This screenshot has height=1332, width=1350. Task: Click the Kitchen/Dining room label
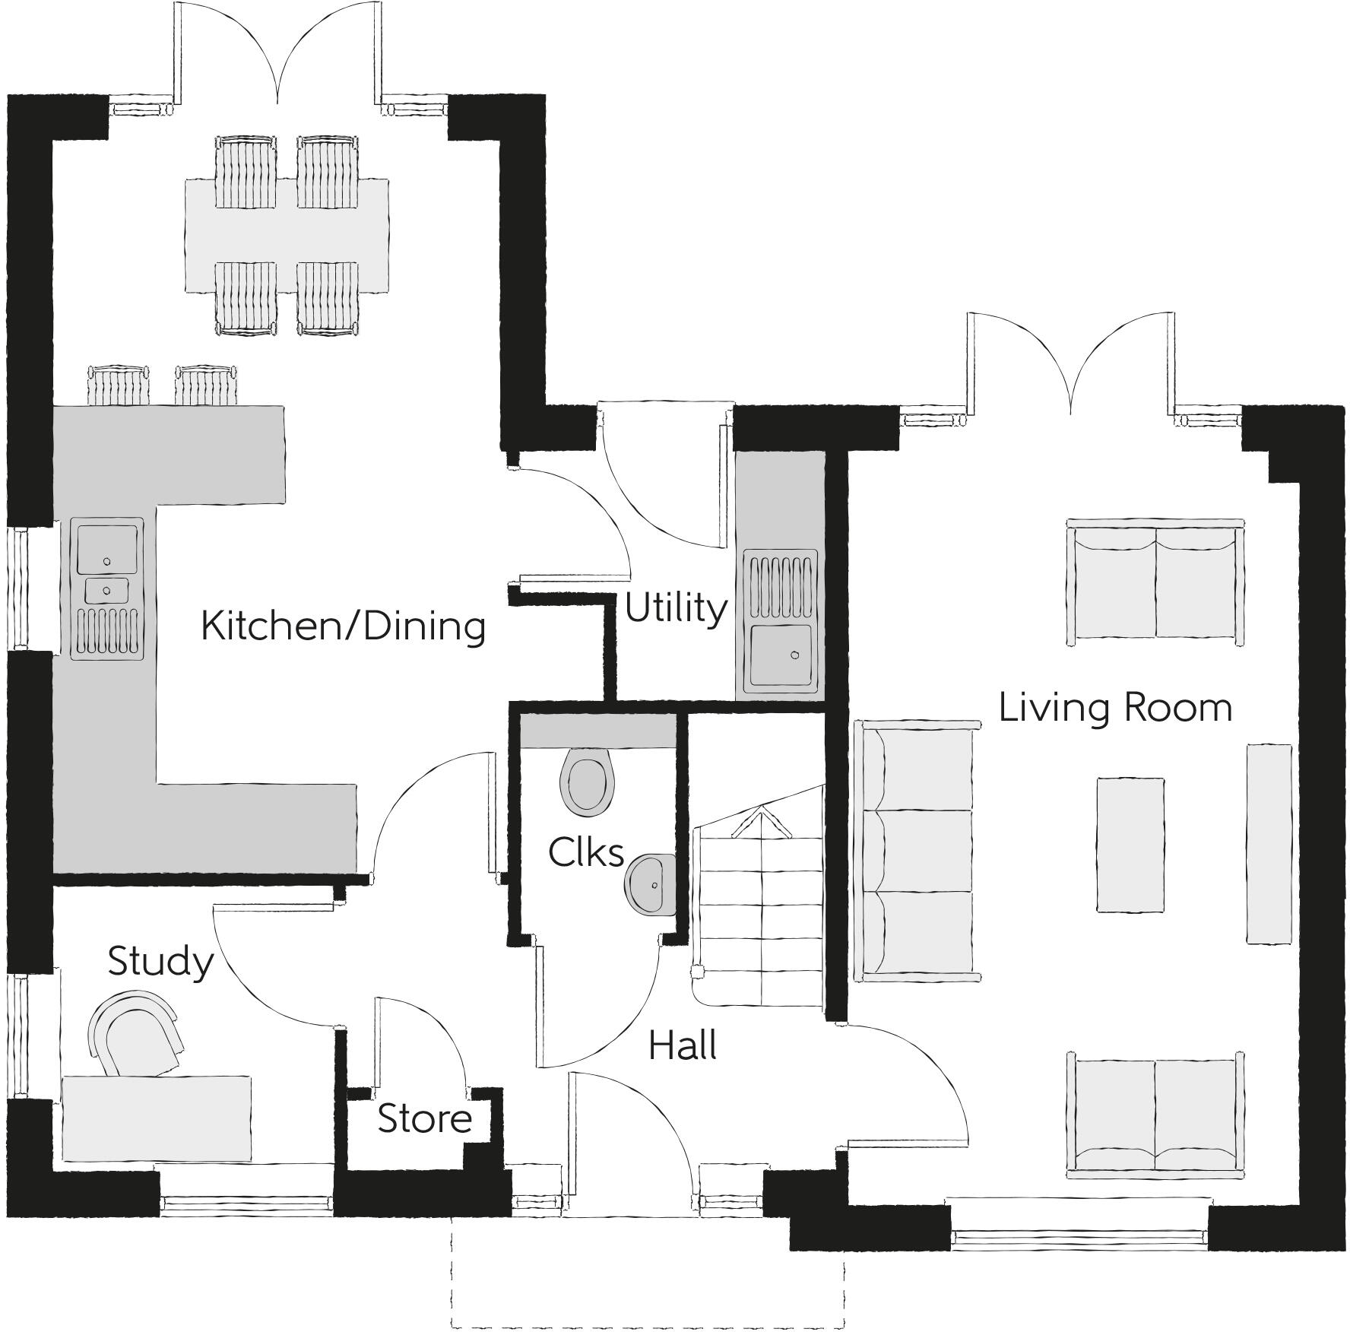343,626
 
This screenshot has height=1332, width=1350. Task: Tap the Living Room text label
1114,708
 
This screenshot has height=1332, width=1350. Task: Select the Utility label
675,609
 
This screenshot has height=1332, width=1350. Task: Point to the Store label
424,1118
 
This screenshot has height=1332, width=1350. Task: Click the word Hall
683,1047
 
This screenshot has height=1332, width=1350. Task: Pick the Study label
160,962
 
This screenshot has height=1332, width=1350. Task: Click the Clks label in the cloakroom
586,853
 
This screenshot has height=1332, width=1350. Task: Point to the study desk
156,1118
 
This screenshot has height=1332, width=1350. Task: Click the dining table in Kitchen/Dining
287,236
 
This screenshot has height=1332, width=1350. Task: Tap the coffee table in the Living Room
1130,844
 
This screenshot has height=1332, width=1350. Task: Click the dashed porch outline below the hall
647,1327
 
